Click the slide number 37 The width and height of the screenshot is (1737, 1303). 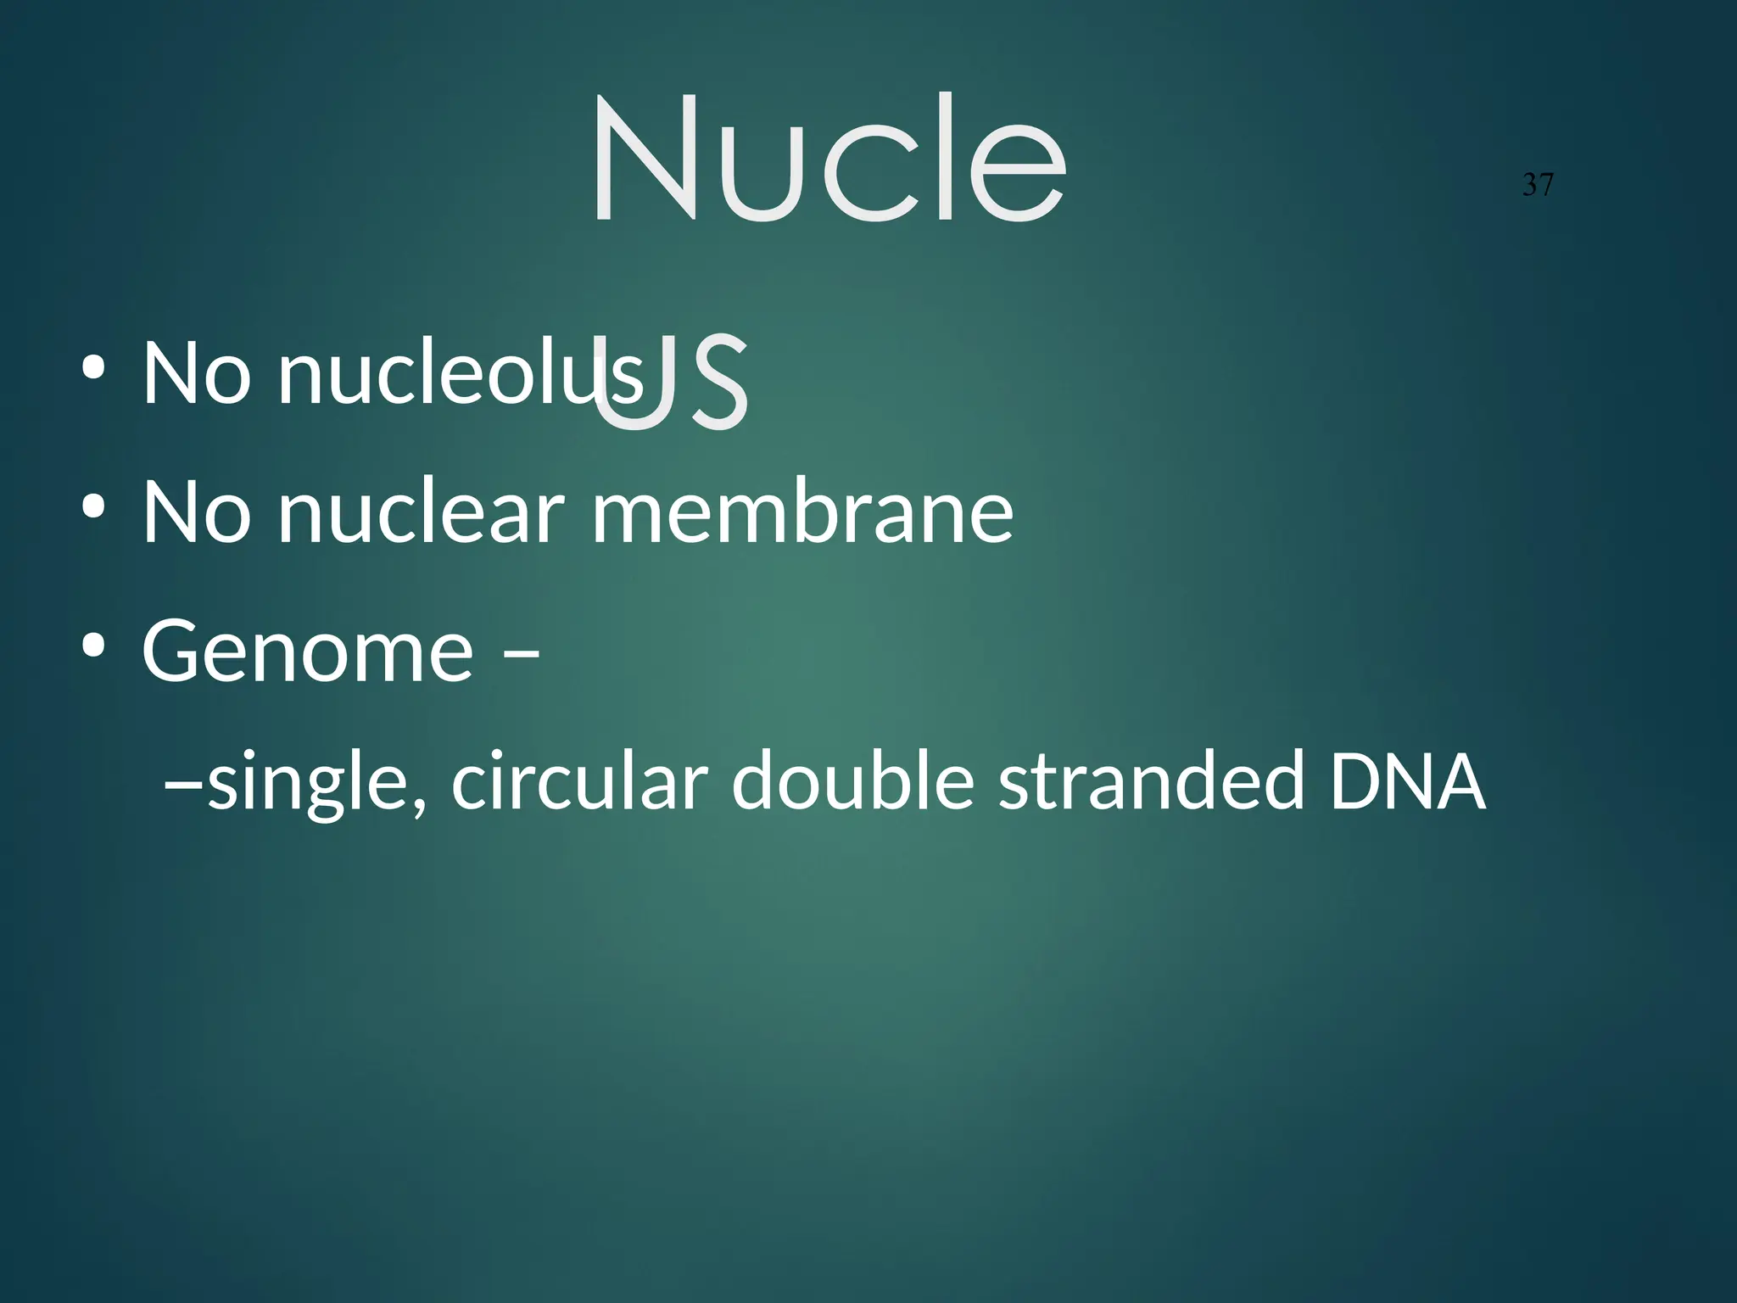tap(1538, 185)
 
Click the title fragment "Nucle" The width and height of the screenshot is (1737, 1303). tap(828, 159)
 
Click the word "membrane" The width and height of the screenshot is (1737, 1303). tap(801, 511)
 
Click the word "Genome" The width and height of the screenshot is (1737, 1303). tap(307, 650)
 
